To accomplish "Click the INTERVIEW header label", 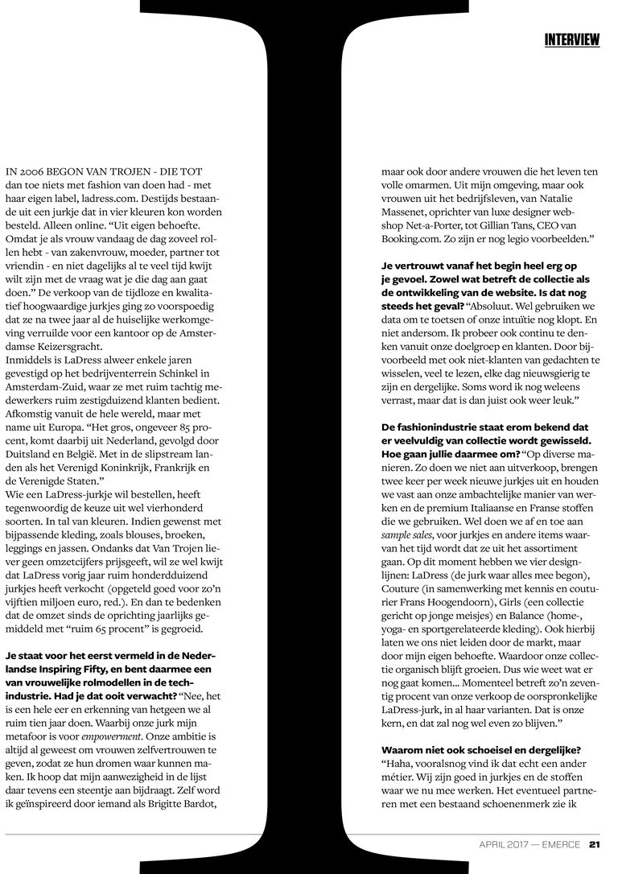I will (571, 39).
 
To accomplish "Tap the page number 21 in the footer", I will (594, 844).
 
